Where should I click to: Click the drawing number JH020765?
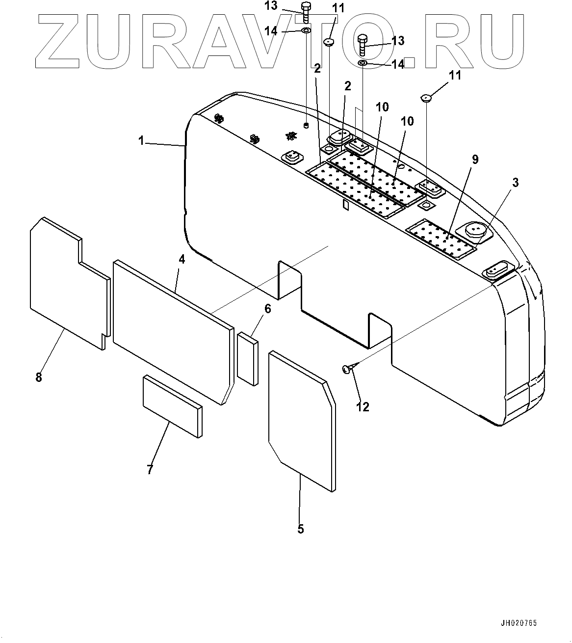(519, 623)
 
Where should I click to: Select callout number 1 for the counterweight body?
(141, 141)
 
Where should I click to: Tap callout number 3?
(515, 183)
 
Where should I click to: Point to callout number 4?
(182, 259)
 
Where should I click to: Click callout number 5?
(301, 529)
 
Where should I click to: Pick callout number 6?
(267, 309)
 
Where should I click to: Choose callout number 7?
(150, 469)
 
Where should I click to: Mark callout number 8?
(39, 377)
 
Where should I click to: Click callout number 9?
(475, 160)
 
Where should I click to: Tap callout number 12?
(363, 406)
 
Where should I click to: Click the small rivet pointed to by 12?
(347, 368)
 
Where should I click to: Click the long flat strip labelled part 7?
(172, 406)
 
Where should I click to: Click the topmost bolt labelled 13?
(305, 12)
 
